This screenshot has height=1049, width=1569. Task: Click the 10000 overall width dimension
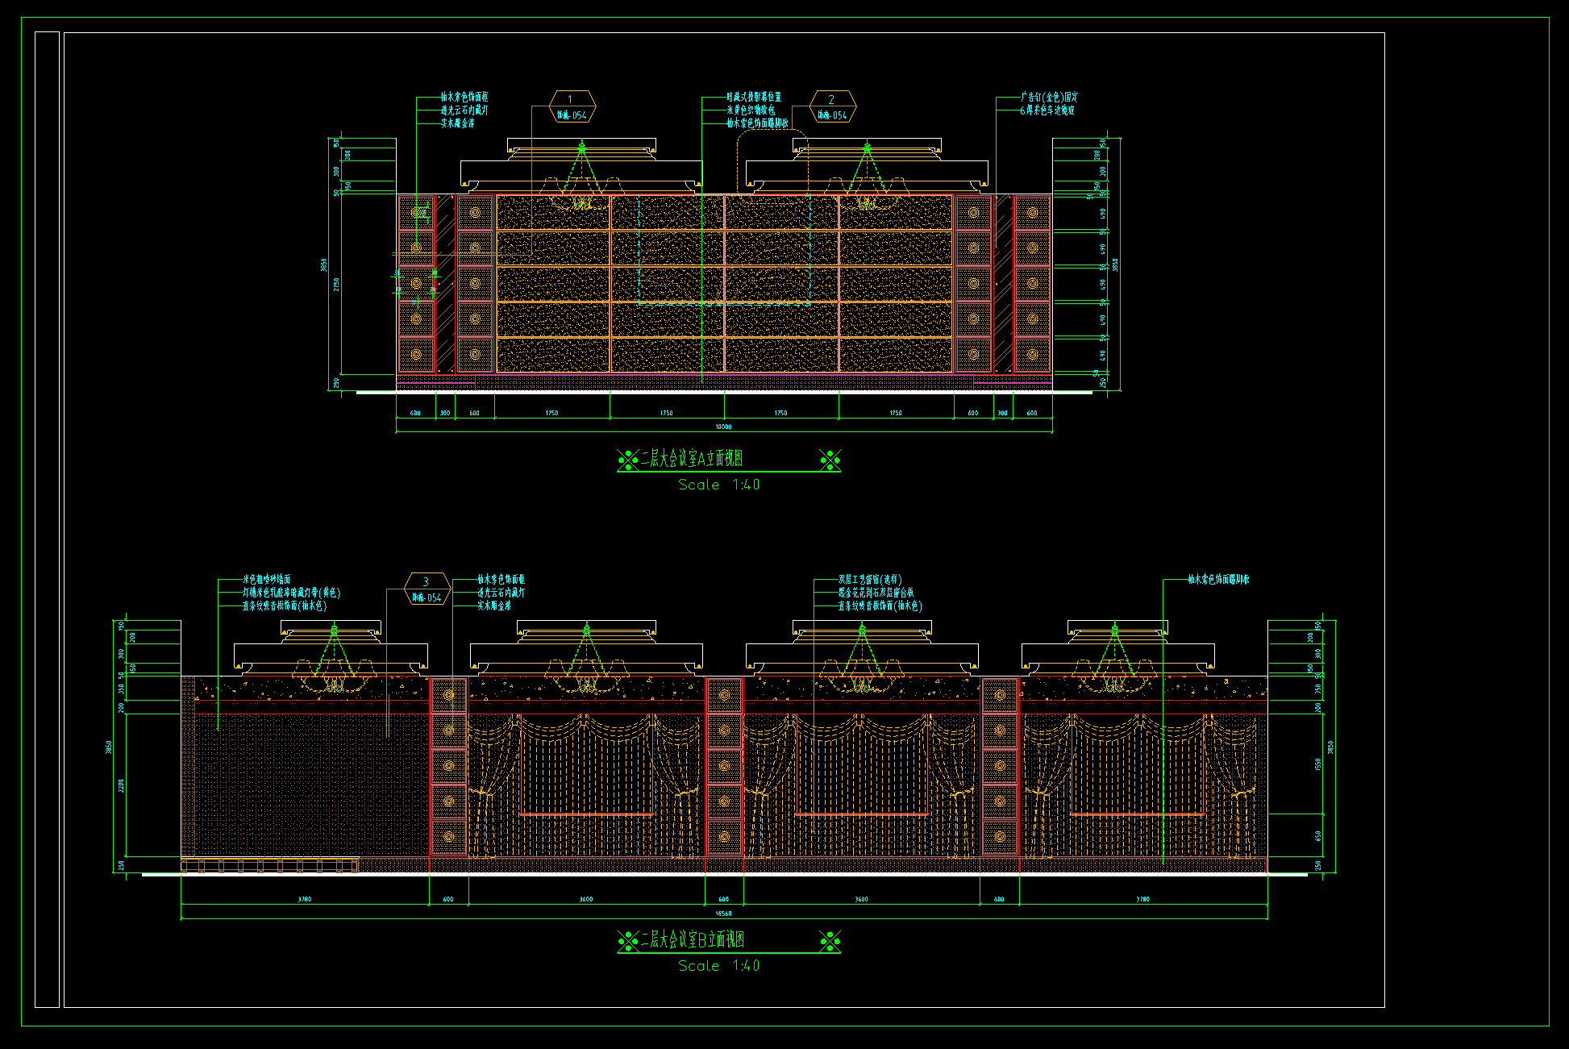point(723,427)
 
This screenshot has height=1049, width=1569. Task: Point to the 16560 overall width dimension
point(723,914)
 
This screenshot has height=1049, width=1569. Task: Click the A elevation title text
point(691,459)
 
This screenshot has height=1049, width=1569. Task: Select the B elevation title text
point(692,939)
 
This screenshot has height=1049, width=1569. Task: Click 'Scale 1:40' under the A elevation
point(718,485)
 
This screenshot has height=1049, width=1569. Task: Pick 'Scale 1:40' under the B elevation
point(718,966)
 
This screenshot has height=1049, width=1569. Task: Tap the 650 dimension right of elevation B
point(1318,836)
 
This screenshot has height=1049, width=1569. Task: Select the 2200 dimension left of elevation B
point(122,785)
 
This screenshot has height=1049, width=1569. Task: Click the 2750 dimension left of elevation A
point(336,284)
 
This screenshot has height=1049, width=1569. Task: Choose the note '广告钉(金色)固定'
point(1049,97)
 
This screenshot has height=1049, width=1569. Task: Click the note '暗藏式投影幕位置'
point(754,97)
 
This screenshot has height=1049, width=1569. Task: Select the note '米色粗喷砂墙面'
point(267,579)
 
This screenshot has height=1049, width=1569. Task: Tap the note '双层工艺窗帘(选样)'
point(870,579)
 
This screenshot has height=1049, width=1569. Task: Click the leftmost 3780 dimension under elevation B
point(305,899)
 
